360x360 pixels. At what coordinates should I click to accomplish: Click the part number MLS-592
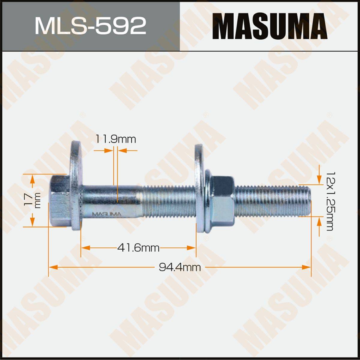[x=90, y=26]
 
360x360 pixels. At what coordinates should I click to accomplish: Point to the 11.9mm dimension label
[x=115, y=139]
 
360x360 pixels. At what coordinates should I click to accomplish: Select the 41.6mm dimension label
[x=138, y=248]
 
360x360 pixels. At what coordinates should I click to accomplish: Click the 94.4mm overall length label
[x=180, y=268]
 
